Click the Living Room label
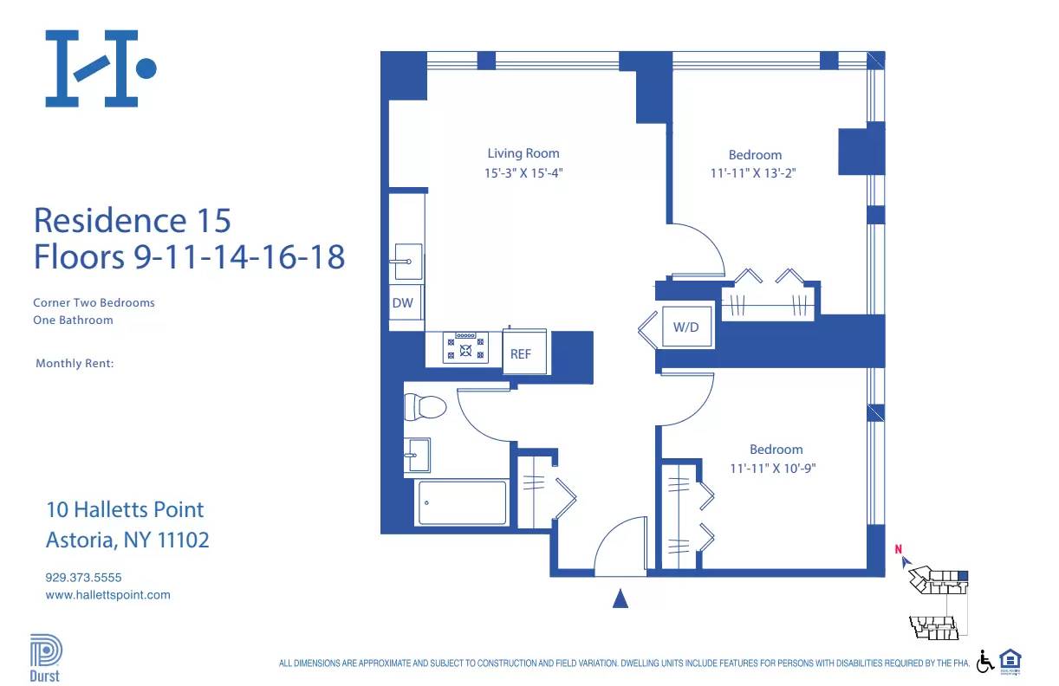[523, 153]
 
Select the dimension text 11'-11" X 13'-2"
[752, 172]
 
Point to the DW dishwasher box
[403, 302]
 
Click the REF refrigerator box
[521, 353]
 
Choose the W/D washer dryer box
[685, 327]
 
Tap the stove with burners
[466, 347]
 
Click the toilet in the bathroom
[426, 407]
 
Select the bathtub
[462, 502]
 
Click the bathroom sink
[417, 454]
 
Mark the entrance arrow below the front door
[620, 599]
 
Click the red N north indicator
[899, 548]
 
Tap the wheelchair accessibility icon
[985, 661]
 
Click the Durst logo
[45, 657]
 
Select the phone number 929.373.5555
[83, 577]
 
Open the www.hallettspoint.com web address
[107, 595]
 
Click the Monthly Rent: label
[75, 364]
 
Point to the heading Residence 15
[132, 220]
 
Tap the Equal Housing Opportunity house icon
[1010, 660]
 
